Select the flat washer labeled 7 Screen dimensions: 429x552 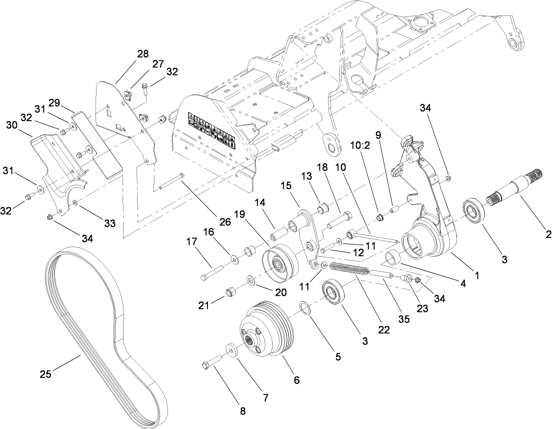(x=230, y=349)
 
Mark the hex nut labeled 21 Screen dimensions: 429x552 (x=231, y=292)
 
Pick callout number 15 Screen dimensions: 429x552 (x=287, y=186)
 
